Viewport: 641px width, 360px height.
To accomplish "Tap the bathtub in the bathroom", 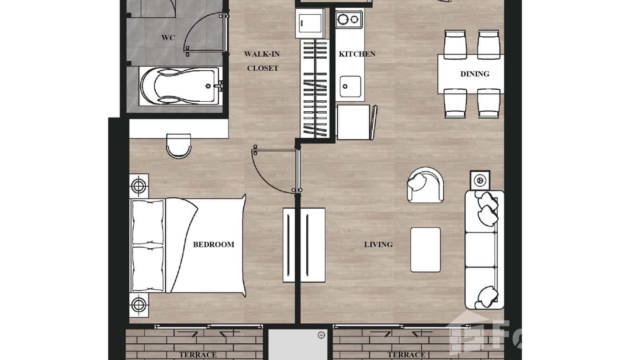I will point(180,86).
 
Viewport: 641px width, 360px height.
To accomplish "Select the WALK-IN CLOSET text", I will point(262,61).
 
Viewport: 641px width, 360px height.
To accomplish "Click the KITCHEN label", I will point(357,54).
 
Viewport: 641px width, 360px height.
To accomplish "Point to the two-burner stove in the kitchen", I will point(348,20).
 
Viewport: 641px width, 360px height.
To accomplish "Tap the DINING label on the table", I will point(474,74).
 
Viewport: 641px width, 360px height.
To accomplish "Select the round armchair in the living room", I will point(425,185).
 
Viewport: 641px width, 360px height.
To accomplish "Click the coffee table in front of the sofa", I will point(425,250).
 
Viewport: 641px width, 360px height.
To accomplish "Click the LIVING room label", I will point(378,244).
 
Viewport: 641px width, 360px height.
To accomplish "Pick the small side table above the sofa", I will point(480,180).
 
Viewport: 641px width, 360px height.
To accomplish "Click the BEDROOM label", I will point(214,244).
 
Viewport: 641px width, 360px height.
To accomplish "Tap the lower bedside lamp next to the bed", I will point(139,304).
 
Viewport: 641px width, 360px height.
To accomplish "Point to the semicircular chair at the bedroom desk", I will point(179,146).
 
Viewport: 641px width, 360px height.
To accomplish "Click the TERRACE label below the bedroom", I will point(198,355).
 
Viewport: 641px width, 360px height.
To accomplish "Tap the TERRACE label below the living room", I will point(406,355).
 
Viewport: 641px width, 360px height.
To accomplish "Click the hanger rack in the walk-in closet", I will point(315,88).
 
